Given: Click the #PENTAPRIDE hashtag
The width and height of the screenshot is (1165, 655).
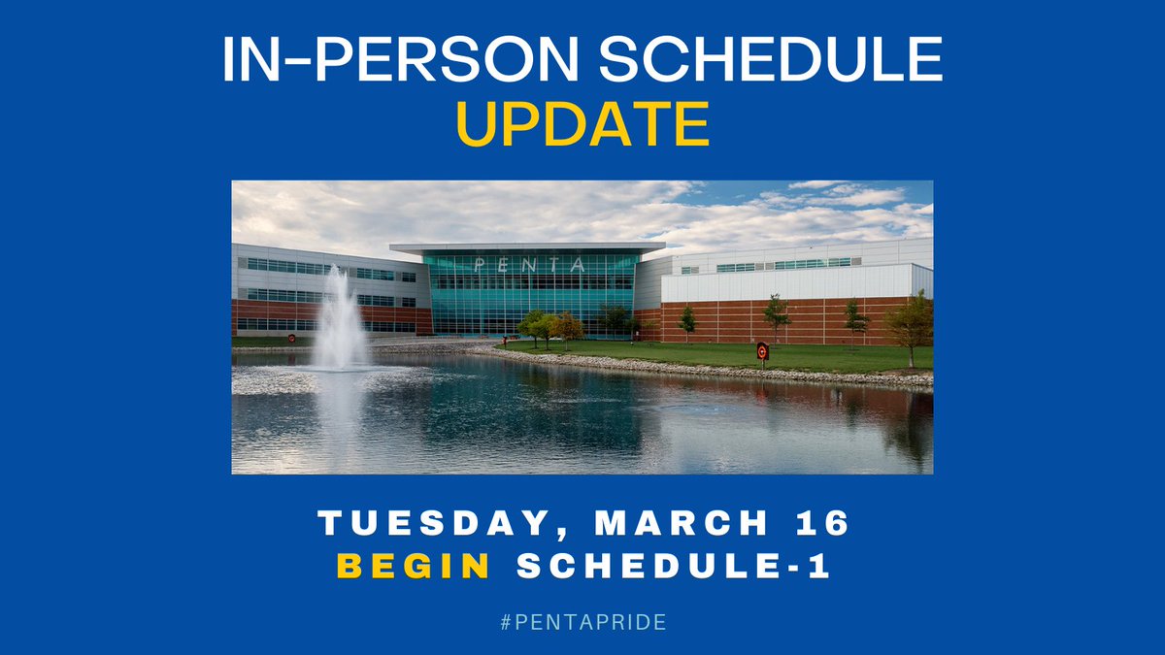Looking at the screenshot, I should point(582,622).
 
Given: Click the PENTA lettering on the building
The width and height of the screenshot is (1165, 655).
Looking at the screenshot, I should point(530,264).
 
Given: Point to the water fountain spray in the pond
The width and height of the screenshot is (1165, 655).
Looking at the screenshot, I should point(341,320).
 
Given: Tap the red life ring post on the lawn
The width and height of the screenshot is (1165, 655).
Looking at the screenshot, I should point(762,352).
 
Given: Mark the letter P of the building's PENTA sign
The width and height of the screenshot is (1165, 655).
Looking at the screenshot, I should point(481,264).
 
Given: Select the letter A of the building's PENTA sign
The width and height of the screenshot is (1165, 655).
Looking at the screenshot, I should point(579,264).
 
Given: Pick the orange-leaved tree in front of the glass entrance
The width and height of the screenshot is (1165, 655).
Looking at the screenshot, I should point(567,326).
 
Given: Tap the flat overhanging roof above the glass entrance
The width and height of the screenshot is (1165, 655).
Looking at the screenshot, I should point(529,247).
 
